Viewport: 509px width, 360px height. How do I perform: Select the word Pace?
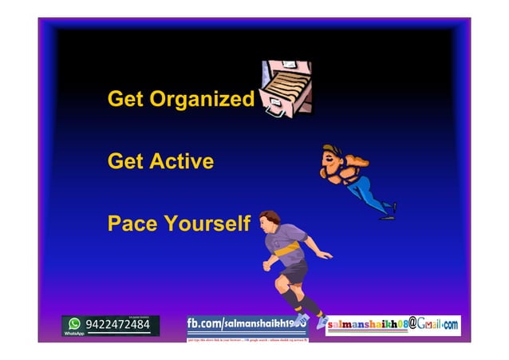[x=132, y=223]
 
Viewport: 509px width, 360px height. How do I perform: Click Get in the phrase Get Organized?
[x=125, y=100]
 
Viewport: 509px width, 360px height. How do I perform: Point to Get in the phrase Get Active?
[x=125, y=161]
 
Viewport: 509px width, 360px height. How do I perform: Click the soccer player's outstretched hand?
[x=328, y=255]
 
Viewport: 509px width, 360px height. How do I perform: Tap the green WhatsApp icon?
[x=75, y=323]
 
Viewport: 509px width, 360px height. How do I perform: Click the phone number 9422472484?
[x=118, y=325]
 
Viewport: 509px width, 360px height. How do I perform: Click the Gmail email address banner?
[x=393, y=325]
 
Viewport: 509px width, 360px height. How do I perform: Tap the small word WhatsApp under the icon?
[x=74, y=333]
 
